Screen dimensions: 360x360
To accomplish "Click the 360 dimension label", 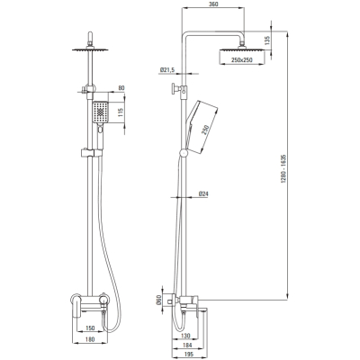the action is click(x=213, y=4).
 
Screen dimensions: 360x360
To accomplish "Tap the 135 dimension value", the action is click(x=267, y=40).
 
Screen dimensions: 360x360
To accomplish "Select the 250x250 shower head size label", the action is click(x=242, y=60).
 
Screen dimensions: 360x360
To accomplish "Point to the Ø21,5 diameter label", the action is click(x=167, y=70).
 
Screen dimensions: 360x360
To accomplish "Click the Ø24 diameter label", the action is click(x=203, y=194).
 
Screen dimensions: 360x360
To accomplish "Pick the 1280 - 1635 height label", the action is click(x=283, y=169).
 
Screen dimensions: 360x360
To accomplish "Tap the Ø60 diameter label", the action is click(x=159, y=300).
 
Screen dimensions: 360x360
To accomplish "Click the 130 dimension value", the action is click(x=186, y=336).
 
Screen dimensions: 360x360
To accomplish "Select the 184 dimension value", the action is click(x=187, y=346).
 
